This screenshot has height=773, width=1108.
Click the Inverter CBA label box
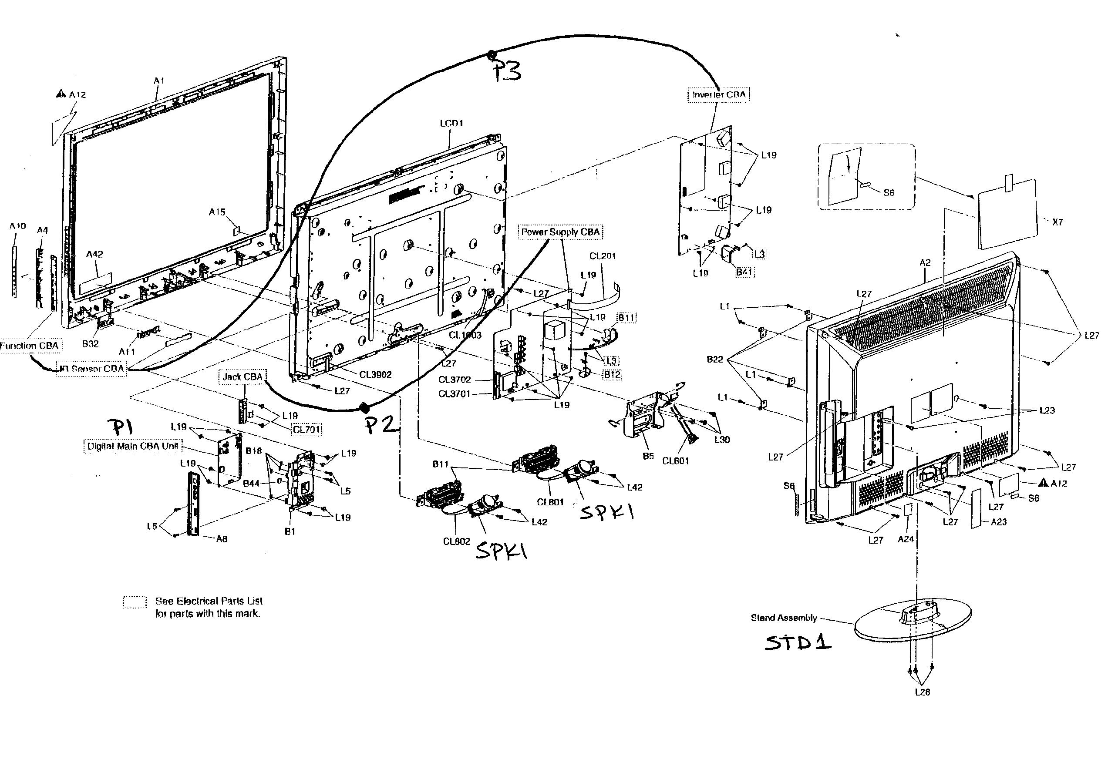[718, 94]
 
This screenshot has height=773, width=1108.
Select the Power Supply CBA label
[560, 232]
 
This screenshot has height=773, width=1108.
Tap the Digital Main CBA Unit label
[132, 446]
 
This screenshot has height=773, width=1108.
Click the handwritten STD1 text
[798, 643]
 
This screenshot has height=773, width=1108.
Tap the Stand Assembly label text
[784, 618]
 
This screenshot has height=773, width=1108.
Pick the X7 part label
[1057, 222]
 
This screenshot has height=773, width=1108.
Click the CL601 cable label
[675, 461]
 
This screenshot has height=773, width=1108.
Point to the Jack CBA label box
[242, 377]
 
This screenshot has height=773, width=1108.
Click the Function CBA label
[29, 346]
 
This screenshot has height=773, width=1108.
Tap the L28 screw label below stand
[922, 692]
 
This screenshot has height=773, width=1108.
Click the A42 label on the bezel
[94, 254]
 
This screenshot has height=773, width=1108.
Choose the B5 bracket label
[648, 456]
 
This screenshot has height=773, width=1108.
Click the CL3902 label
[375, 375]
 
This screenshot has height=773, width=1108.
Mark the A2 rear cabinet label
[925, 263]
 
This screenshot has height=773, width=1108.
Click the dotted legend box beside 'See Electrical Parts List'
[135, 603]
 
